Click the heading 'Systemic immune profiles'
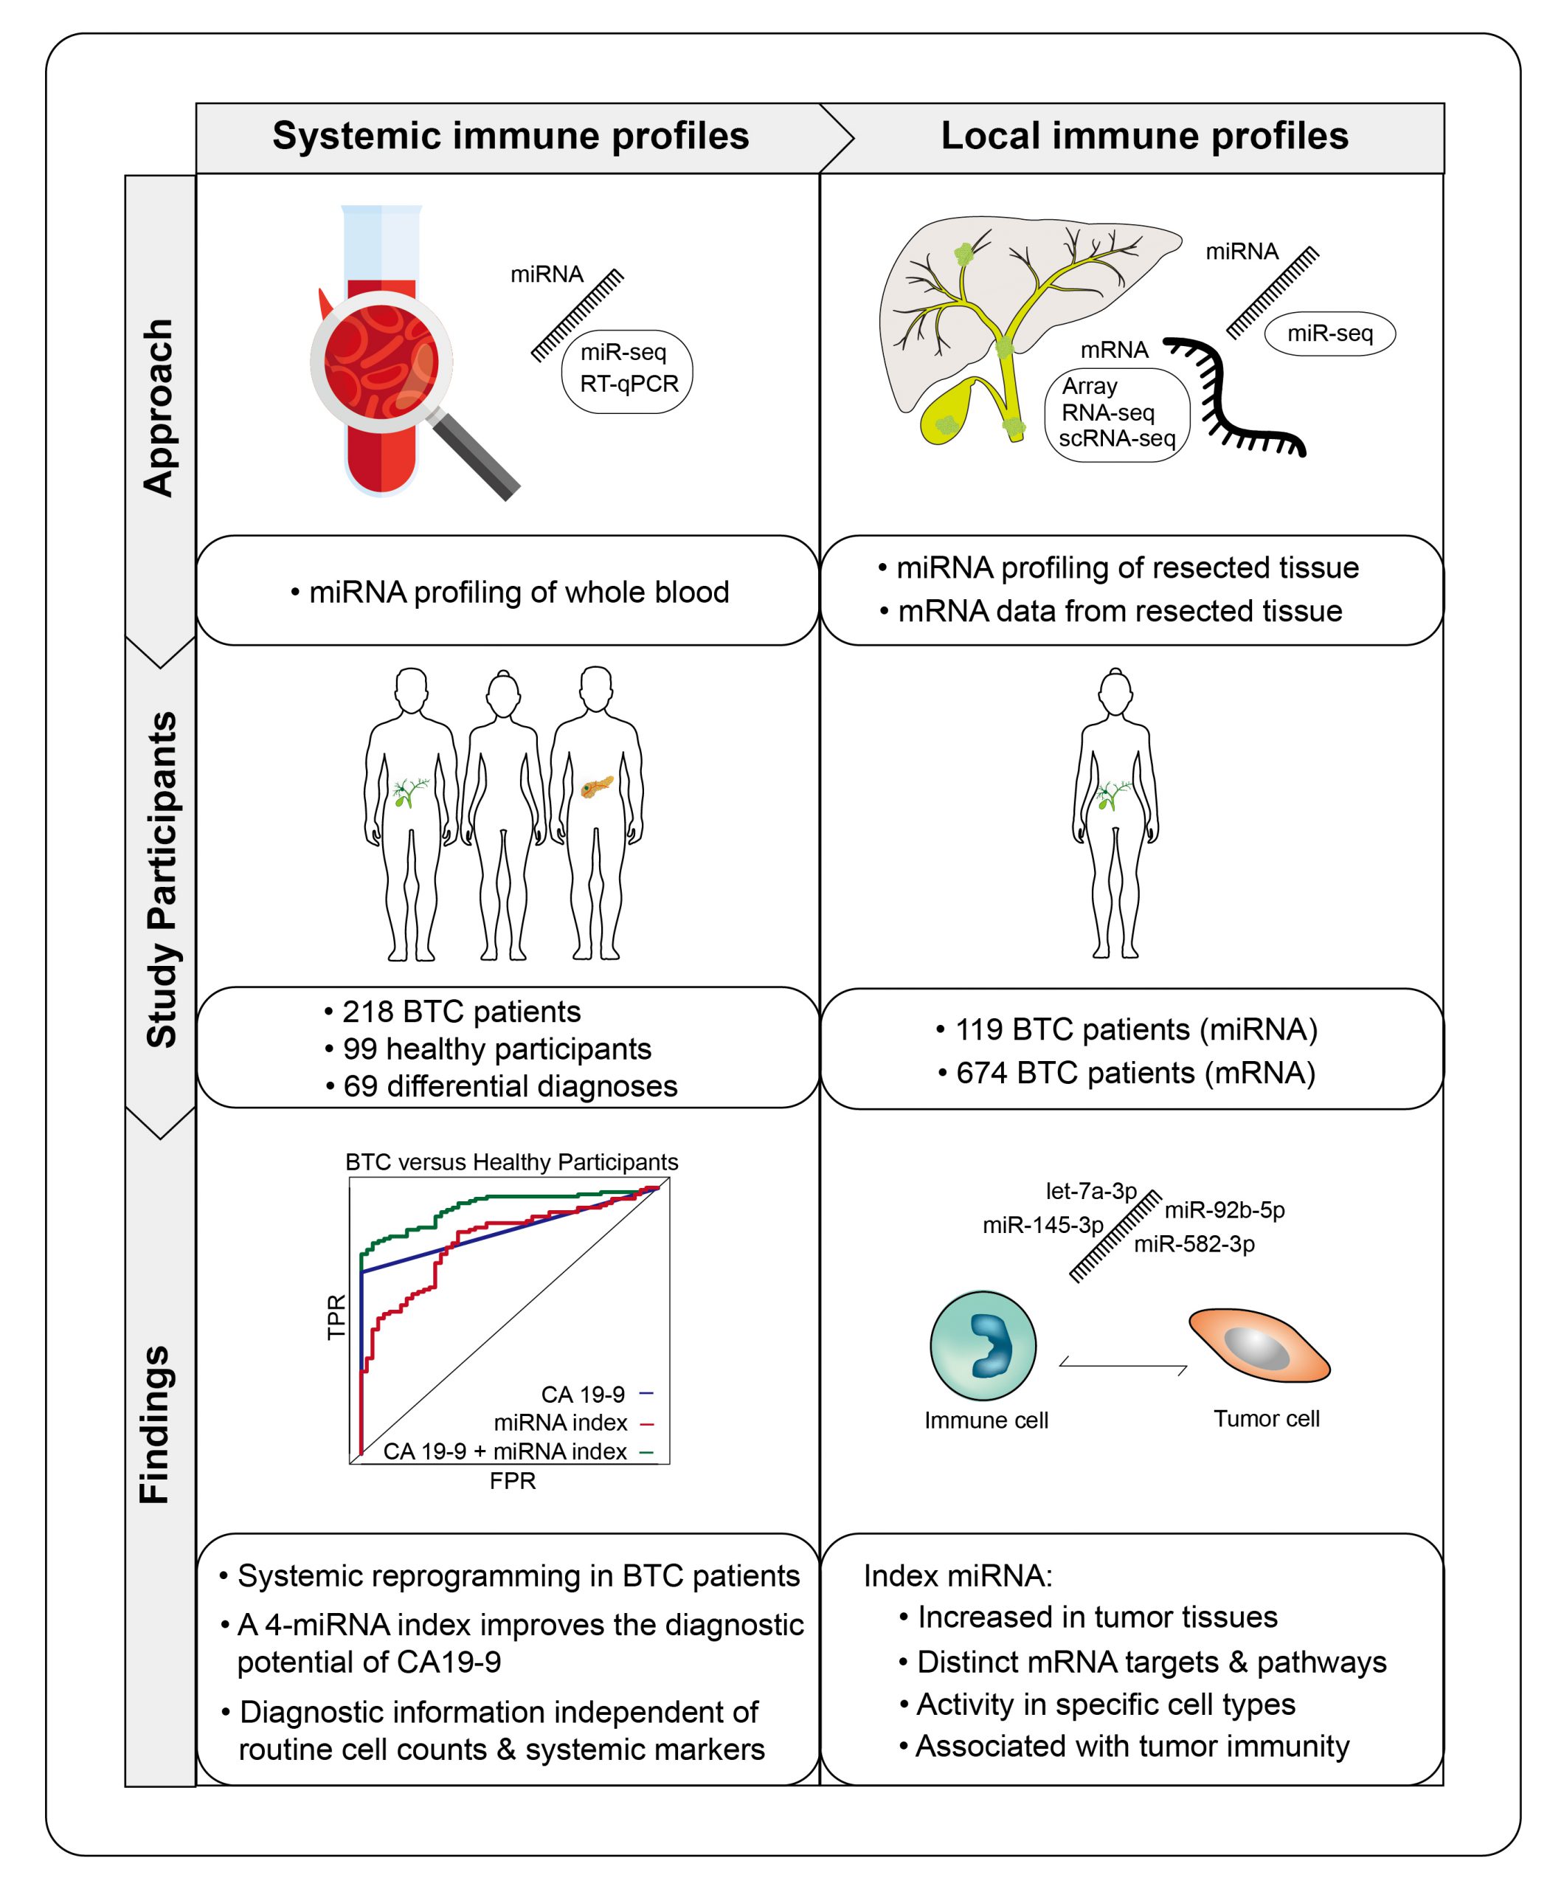click(510, 137)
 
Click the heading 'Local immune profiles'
click(1144, 137)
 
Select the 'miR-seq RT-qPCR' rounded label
click(628, 369)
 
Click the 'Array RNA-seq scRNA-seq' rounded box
click(1117, 413)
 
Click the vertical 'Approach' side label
click(159, 407)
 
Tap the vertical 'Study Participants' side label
click(162, 879)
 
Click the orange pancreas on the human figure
click(596, 787)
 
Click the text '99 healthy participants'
click(496, 1049)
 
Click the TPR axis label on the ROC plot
click(336, 1317)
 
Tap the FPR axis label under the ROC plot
click(513, 1481)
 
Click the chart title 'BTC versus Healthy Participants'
click(512, 1162)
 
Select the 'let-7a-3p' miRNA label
click(1091, 1191)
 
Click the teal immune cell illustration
click(982, 1347)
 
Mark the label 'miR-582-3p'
click(1194, 1244)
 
